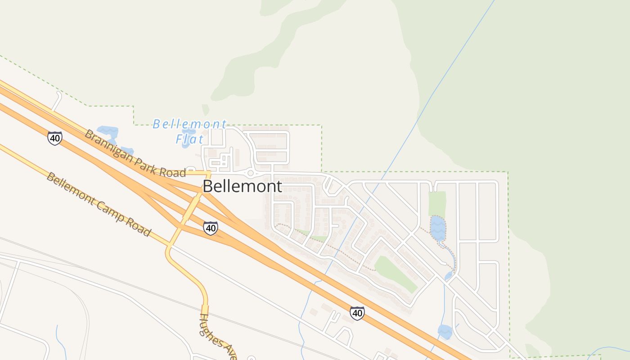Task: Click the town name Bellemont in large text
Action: (243, 186)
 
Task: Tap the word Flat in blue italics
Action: (189, 139)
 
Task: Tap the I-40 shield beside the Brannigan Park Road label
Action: (55, 138)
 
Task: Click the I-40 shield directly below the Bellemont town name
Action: (210, 228)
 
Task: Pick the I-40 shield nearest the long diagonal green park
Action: (357, 313)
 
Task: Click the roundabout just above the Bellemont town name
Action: (250, 173)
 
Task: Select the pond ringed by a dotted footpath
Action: (437, 228)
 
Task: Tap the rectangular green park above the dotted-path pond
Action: (437, 203)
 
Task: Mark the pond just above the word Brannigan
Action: (108, 132)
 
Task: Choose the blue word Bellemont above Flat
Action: (189, 124)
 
